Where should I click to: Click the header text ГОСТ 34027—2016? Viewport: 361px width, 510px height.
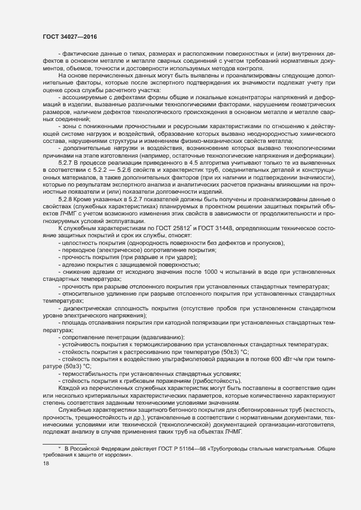point(67,36)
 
